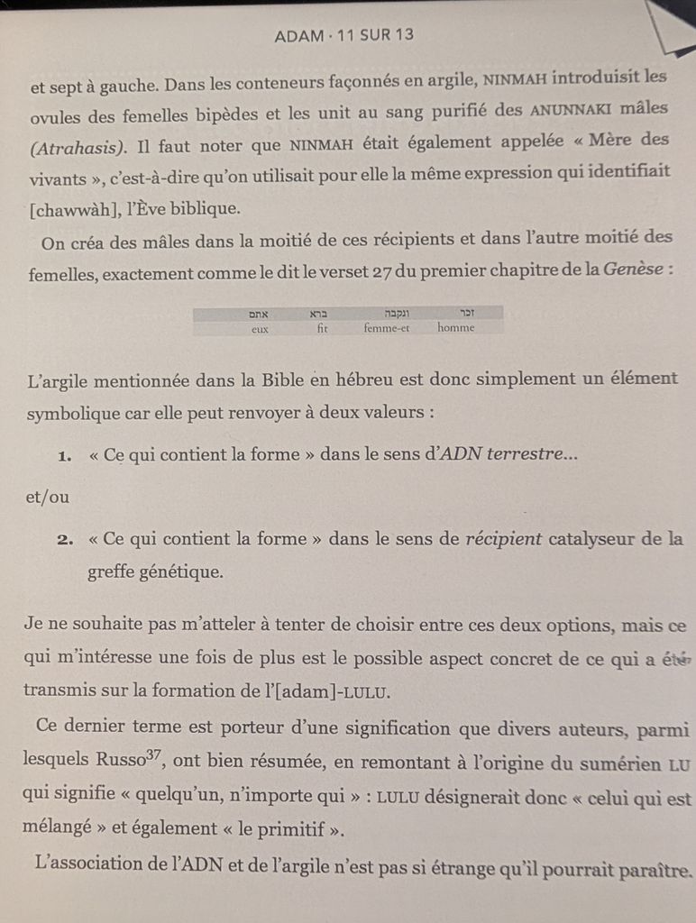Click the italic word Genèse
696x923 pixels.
tap(635, 271)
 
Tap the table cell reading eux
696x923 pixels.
tap(261, 329)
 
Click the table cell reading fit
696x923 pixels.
tap(323, 329)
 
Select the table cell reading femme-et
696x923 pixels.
tap(387, 329)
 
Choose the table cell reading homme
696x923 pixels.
tap(455, 329)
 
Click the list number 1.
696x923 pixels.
tap(64, 457)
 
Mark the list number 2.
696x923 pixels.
tap(64, 541)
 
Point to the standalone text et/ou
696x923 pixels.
tap(49, 497)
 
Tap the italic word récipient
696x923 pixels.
tap(503, 540)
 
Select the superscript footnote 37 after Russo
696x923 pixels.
tap(153, 753)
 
